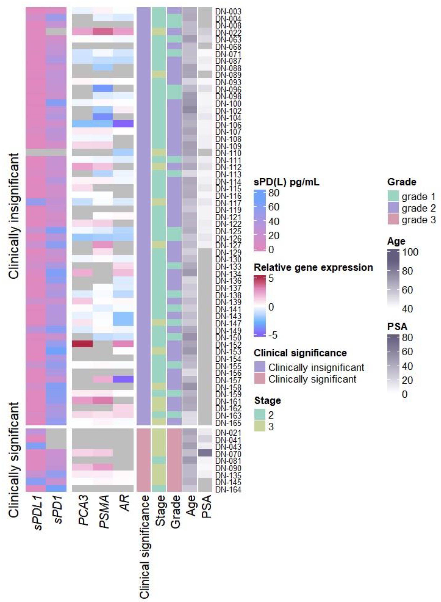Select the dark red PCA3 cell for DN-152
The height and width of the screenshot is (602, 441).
[x=82, y=344]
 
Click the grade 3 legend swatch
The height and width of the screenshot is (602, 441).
[x=393, y=220]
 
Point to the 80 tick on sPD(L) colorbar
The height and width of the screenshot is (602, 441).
[x=274, y=193]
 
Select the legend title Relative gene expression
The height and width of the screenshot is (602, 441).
[x=313, y=267]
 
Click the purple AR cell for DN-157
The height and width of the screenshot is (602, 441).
[x=123, y=379]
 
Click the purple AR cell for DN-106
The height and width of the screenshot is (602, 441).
[x=123, y=124]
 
